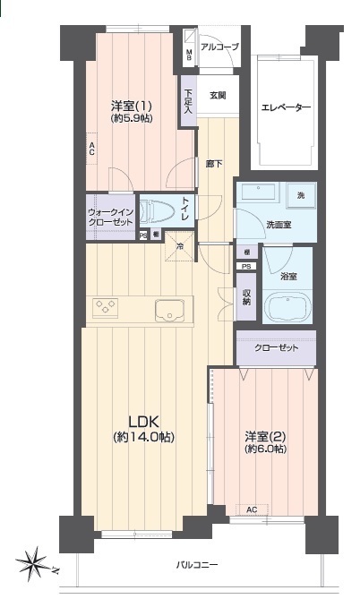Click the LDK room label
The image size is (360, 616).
point(144,422)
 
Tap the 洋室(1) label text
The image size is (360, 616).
point(132,106)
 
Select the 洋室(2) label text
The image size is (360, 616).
point(265,436)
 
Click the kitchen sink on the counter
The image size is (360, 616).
point(169,310)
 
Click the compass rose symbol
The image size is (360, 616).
point(34,564)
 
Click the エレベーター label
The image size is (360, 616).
point(286,107)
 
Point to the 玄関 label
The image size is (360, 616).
point(218,95)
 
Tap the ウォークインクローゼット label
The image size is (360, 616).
point(110,218)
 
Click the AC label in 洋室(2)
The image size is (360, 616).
point(252,509)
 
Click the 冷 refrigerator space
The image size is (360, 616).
point(180,246)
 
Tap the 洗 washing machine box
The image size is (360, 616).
point(301,195)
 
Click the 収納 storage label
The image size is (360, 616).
point(246,297)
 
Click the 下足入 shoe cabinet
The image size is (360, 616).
point(189,100)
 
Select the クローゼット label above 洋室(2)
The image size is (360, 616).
point(277,347)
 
